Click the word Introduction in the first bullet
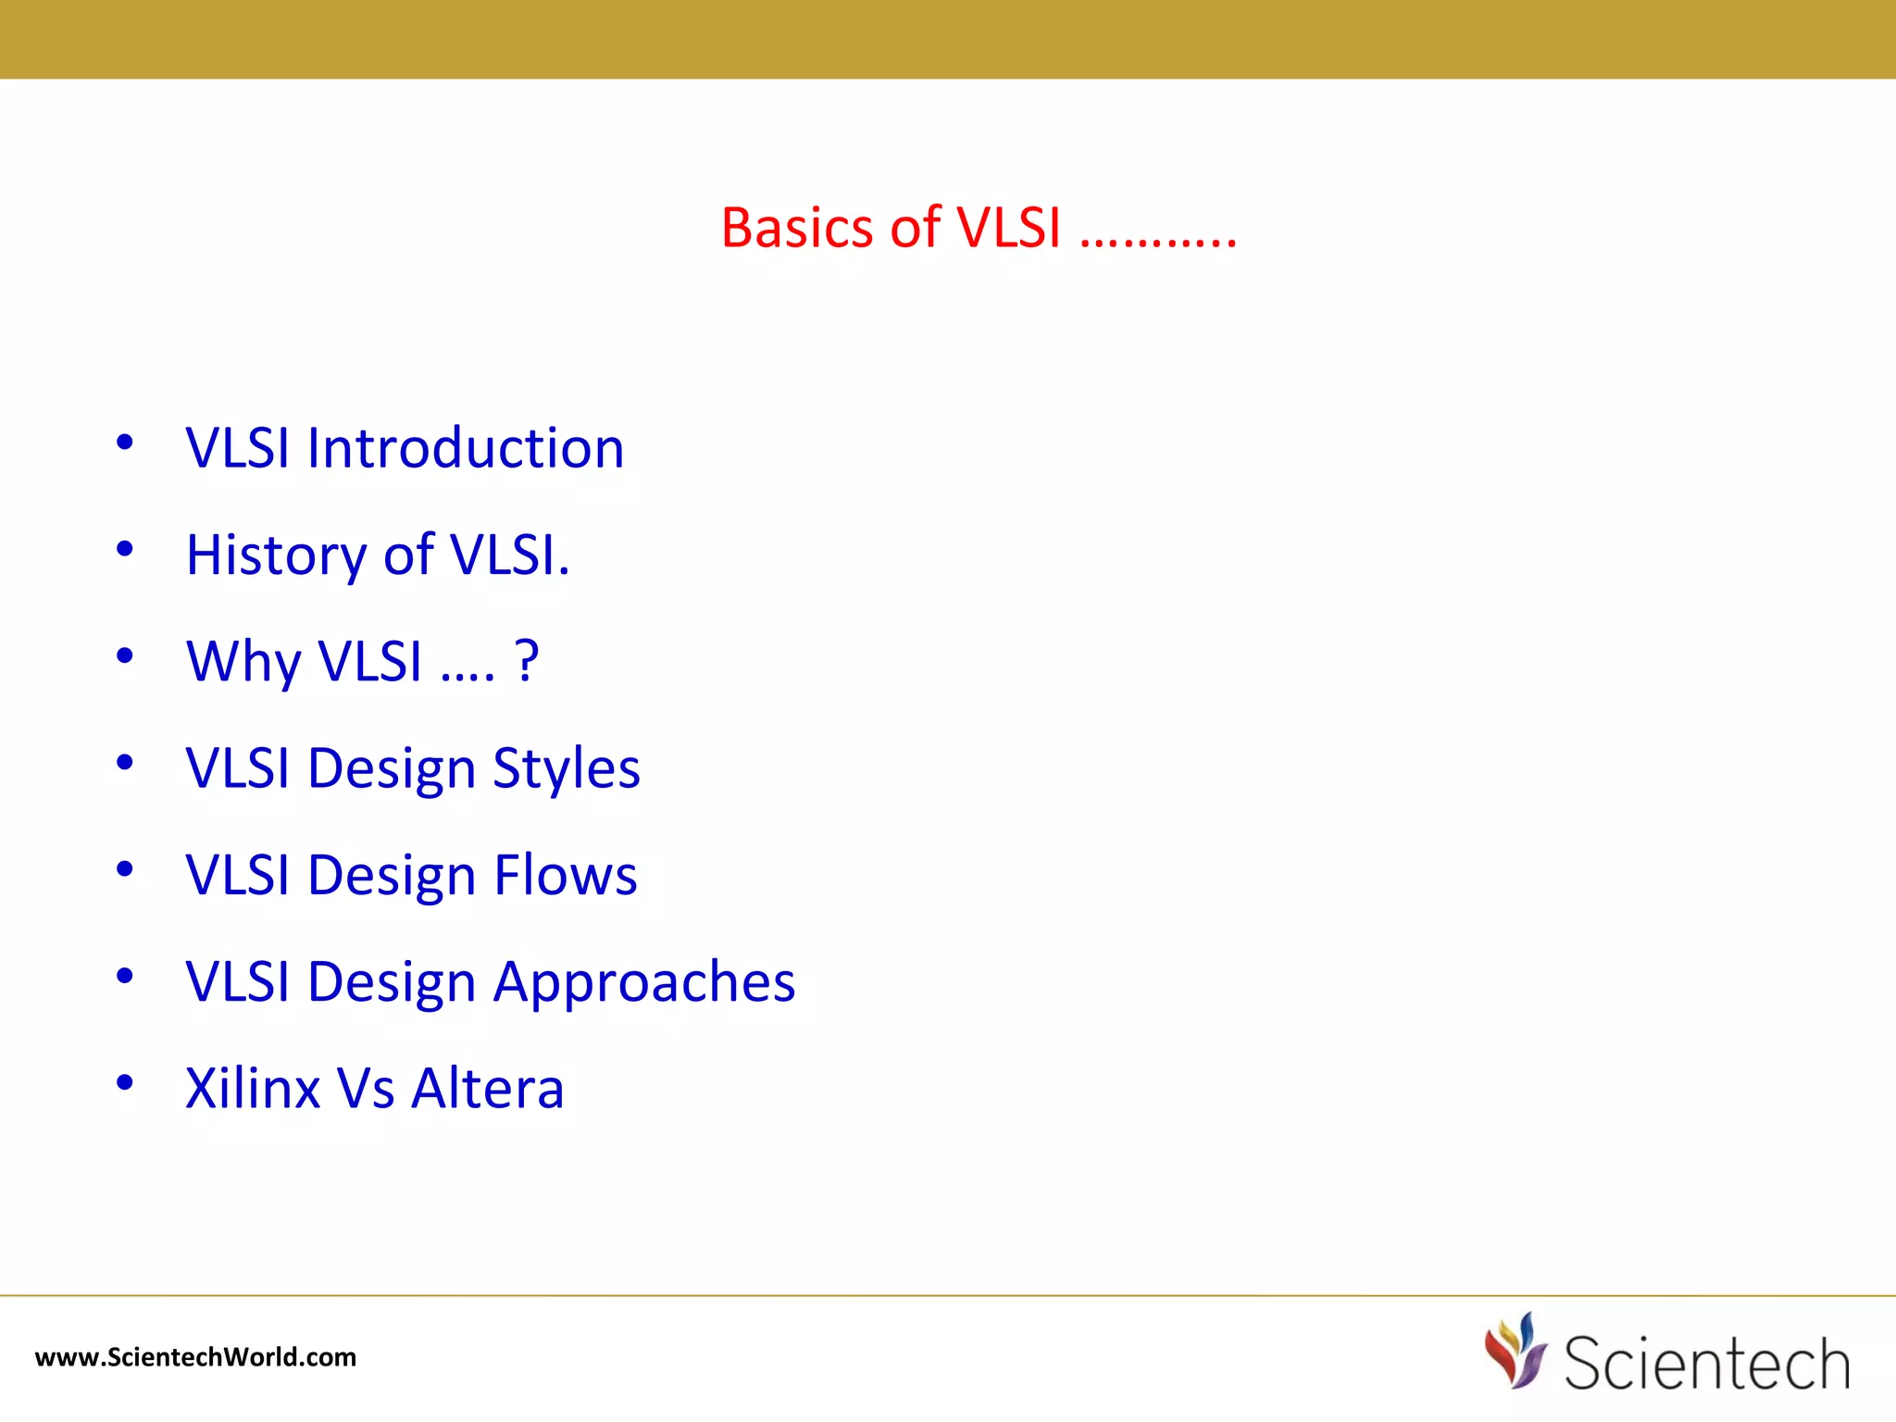tap(466, 448)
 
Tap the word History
tap(276, 555)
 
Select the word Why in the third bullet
tap(243, 662)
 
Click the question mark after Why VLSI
tap(526, 660)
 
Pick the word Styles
tap(566, 768)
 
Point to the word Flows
tap(565, 875)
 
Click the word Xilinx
tap(252, 1088)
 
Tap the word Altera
tap(487, 1088)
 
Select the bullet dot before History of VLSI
tap(125, 550)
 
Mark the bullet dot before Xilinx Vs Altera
tap(125, 1082)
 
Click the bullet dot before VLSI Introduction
tap(125, 443)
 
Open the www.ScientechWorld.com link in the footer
tap(195, 1357)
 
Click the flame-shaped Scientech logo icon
tap(1515, 1351)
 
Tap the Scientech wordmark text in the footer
tap(1706, 1363)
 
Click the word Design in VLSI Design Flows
tap(392, 875)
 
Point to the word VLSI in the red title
tap(1008, 228)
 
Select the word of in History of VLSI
tap(408, 555)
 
